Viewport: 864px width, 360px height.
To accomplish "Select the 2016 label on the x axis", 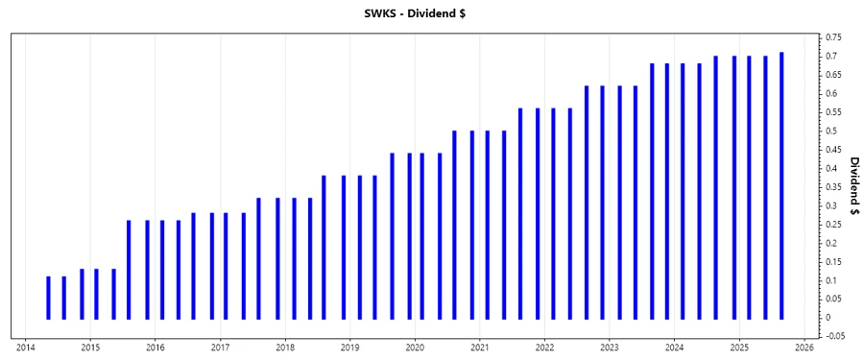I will pos(156,348).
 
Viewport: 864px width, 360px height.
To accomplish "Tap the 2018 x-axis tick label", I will pos(285,348).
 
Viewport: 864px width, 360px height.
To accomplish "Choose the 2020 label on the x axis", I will pos(415,348).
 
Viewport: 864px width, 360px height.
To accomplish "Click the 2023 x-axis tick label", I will pos(610,348).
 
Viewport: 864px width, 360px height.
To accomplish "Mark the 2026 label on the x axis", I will pos(804,348).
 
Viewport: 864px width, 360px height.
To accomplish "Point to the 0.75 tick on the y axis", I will pos(831,37).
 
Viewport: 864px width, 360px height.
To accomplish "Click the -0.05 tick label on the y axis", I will pos(833,336).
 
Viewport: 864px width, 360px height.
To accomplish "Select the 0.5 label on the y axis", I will pos(828,131).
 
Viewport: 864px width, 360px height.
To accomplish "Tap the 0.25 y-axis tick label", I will pos(831,224).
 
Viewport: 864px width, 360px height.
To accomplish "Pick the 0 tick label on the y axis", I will pos(826,318).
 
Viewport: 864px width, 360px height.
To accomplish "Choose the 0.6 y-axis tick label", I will pos(828,94).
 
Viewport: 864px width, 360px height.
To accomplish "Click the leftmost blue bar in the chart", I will pos(48,298).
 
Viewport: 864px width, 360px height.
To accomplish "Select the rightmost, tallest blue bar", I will pos(781,185).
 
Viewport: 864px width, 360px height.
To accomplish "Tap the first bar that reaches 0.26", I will pos(129,270).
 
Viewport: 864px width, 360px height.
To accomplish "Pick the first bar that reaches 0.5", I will pos(454,225).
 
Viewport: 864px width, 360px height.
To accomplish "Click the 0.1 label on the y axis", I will pos(828,280).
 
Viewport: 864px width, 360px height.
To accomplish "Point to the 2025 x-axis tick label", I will pos(739,348).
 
